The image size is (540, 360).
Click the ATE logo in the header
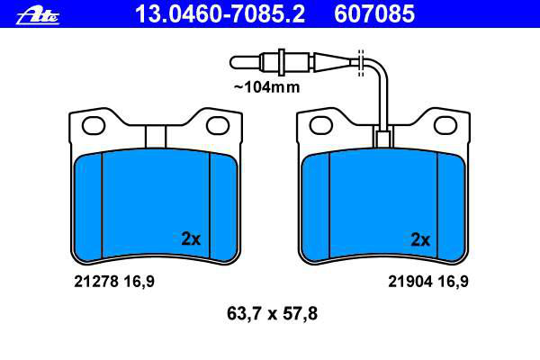[38, 16]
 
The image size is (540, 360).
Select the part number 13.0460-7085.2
[220, 14]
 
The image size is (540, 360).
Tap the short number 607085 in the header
[374, 14]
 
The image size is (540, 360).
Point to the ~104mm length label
[267, 87]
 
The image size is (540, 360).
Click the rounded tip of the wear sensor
[234, 62]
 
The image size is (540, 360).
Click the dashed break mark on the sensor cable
[361, 63]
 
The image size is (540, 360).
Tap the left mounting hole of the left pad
[94, 125]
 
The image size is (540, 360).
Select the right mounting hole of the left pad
[218, 125]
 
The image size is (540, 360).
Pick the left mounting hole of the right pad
[321, 125]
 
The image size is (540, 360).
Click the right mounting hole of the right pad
[445, 125]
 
